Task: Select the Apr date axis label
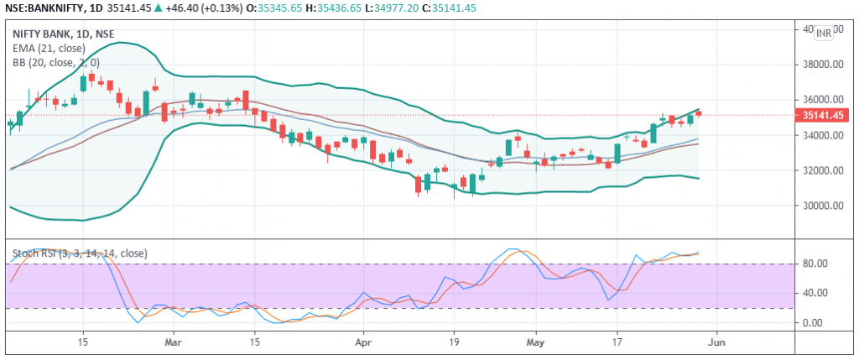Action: (x=363, y=342)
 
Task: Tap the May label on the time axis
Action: (x=536, y=342)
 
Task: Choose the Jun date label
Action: (x=716, y=342)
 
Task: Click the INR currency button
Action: (x=824, y=34)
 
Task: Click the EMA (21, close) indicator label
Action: (x=49, y=48)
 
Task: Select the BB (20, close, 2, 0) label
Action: (x=56, y=62)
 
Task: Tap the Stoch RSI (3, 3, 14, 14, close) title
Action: (x=80, y=253)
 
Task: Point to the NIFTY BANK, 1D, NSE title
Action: (x=64, y=34)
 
